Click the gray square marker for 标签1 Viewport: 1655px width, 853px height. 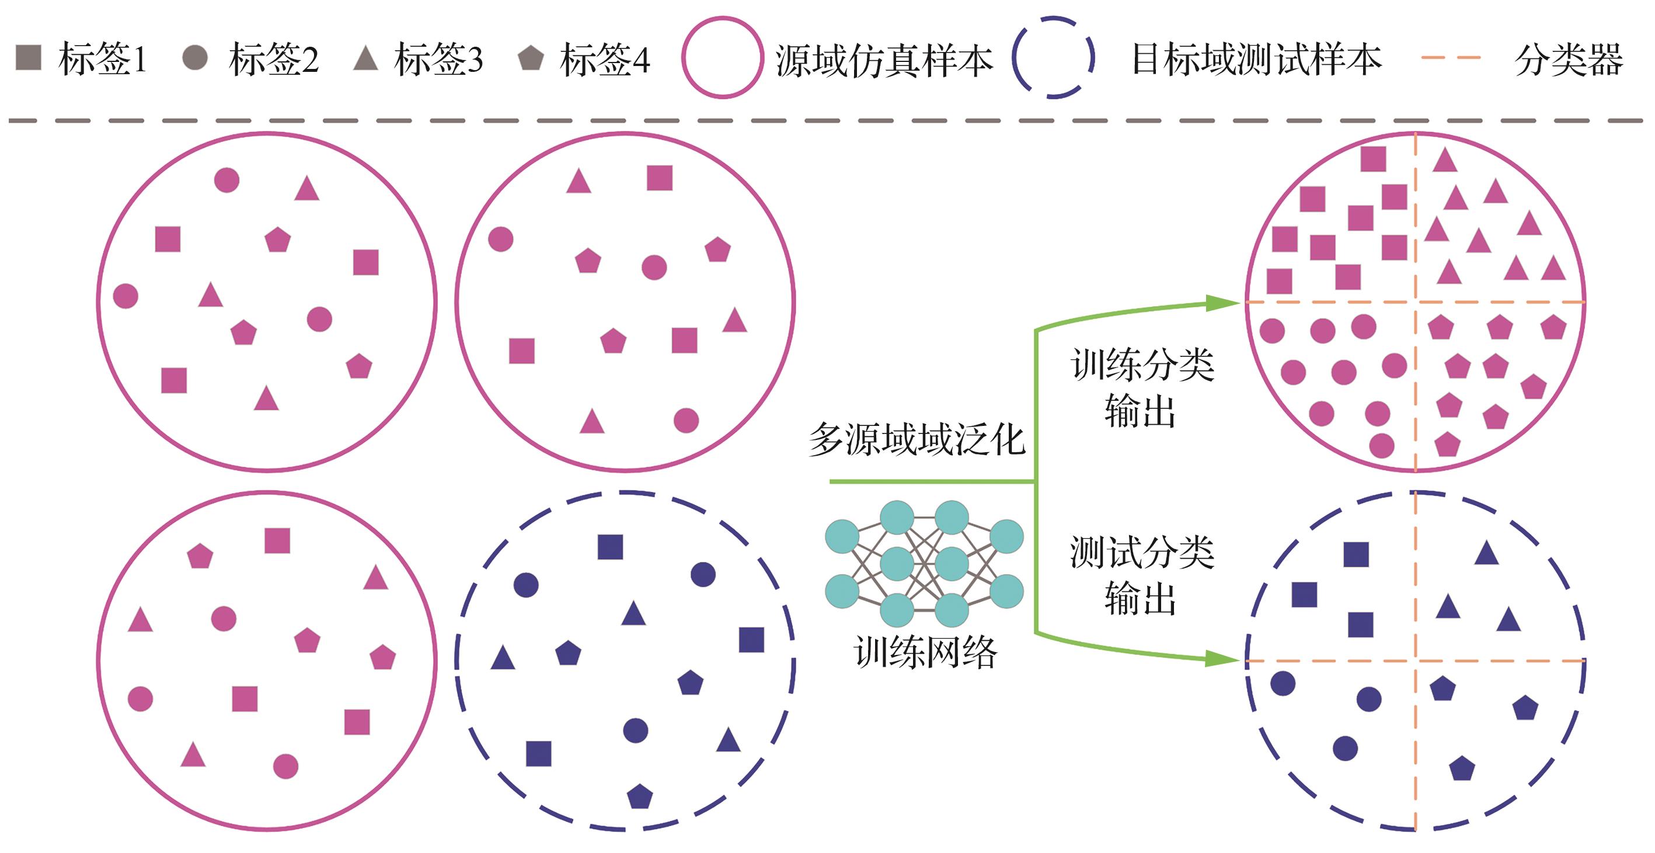(x=28, y=57)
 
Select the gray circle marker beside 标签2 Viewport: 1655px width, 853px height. (x=194, y=57)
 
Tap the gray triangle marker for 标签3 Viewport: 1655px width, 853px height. (x=365, y=58)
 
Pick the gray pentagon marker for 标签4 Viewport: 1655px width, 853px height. (x=531, y=58)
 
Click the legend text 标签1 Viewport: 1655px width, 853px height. (x=103, y=59)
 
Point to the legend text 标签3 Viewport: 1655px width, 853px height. (x=438, y=59)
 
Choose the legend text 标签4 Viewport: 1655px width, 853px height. (x=605, y=59)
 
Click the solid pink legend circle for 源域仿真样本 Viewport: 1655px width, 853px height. (x=722, y=57)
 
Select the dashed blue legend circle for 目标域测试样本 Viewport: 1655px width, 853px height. (x=1053, y=57)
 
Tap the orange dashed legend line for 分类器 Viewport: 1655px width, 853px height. (x=1451, y=58)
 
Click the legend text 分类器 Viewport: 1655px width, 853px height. (x=1568, y=59)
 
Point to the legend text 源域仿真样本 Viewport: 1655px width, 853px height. (x=884, y=60)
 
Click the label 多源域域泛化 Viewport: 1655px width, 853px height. (x=916, y=440)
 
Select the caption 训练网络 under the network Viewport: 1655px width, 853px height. (x=925, y=652)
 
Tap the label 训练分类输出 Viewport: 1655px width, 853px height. (x=1142, y=387)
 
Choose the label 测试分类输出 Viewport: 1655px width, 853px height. (x=1142, y=575)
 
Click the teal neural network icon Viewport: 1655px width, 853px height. (x=924, y=563)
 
